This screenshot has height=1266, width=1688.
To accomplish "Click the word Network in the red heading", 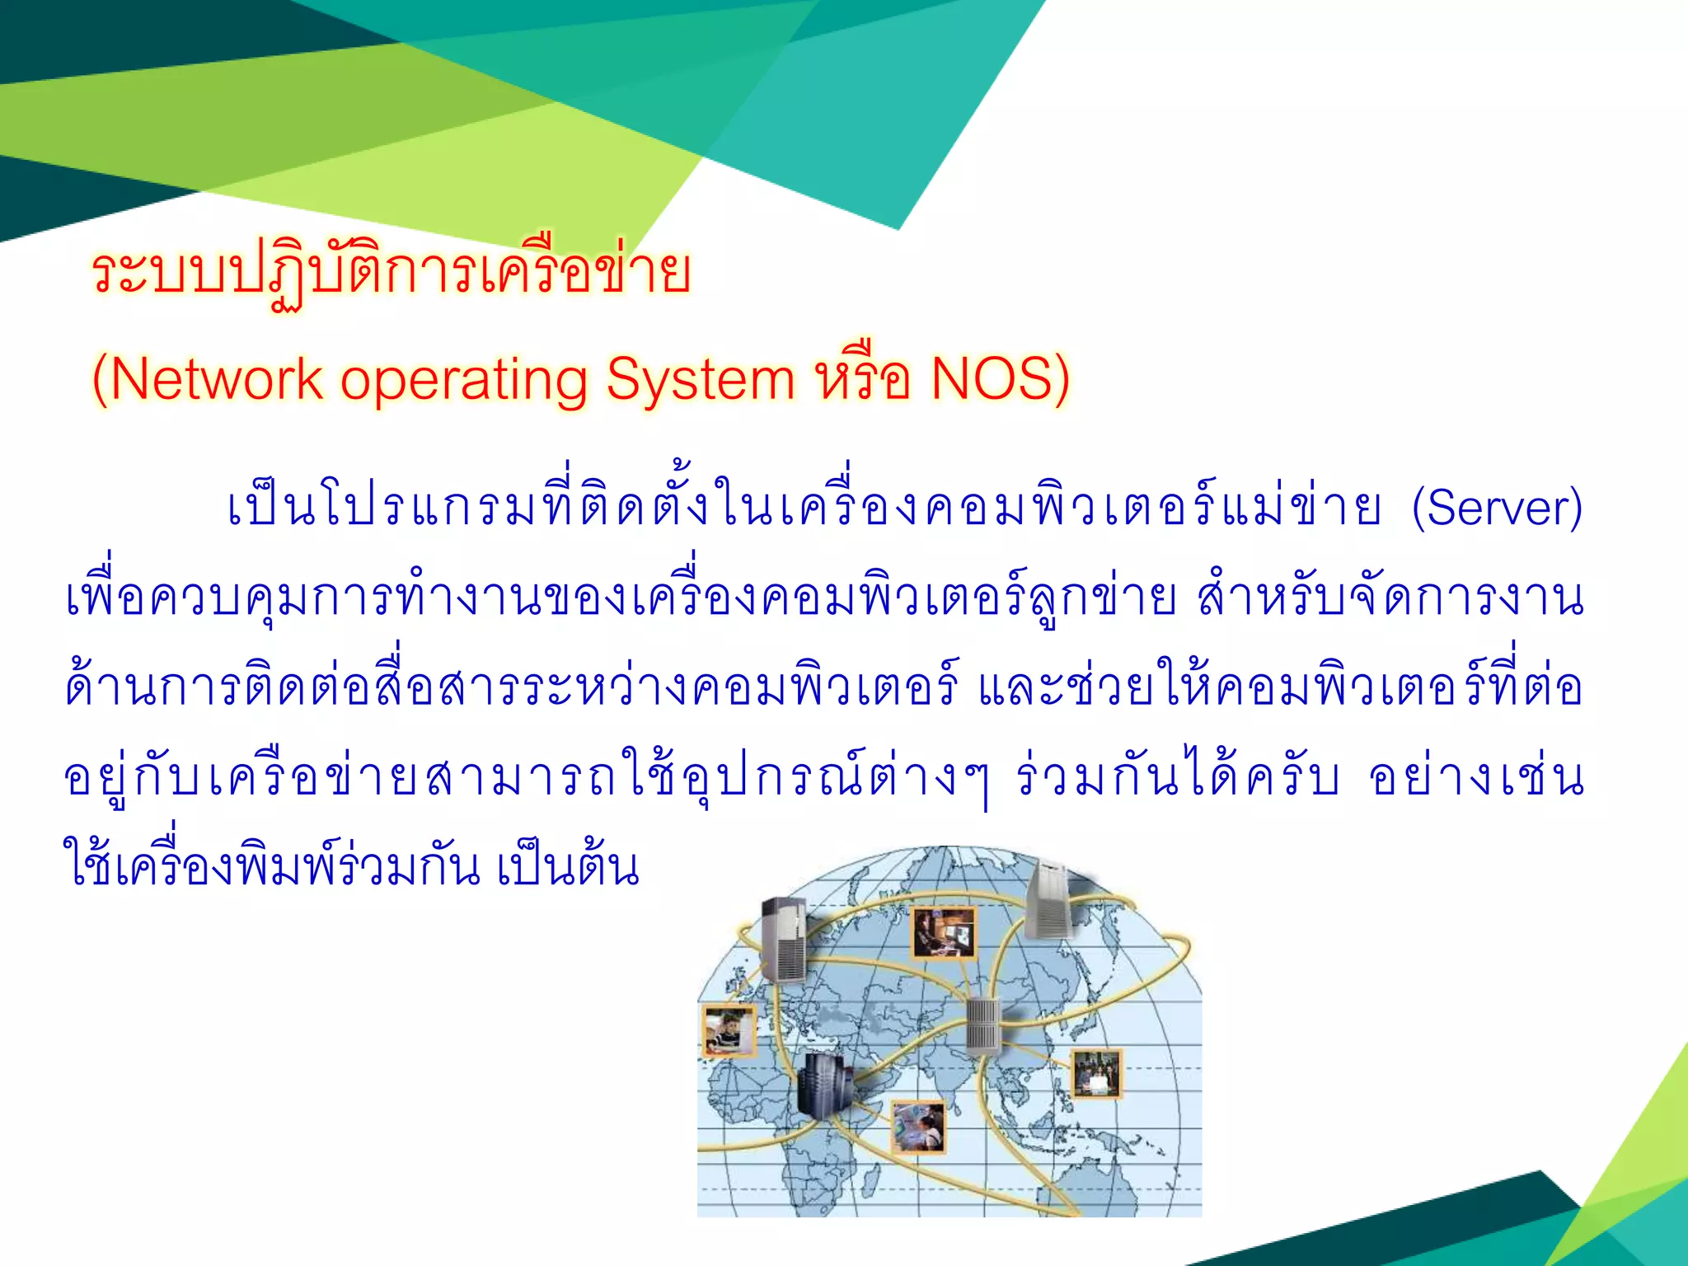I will (216, 380).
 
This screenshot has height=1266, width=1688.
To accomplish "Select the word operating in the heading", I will (464, 382).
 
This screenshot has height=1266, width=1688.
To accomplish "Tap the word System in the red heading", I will (701, 380).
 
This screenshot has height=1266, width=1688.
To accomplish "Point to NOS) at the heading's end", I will (1000, 380).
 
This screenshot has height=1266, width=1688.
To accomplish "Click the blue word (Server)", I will (1497, 509).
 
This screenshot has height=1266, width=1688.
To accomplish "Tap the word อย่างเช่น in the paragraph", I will (1475, 777).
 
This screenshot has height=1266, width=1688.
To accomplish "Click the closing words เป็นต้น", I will (569, 867).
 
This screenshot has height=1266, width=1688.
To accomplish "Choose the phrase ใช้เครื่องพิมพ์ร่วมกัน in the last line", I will (272, 865).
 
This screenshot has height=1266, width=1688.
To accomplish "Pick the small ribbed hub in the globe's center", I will (982, 1025).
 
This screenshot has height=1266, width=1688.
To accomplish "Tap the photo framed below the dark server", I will (919, 1127).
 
